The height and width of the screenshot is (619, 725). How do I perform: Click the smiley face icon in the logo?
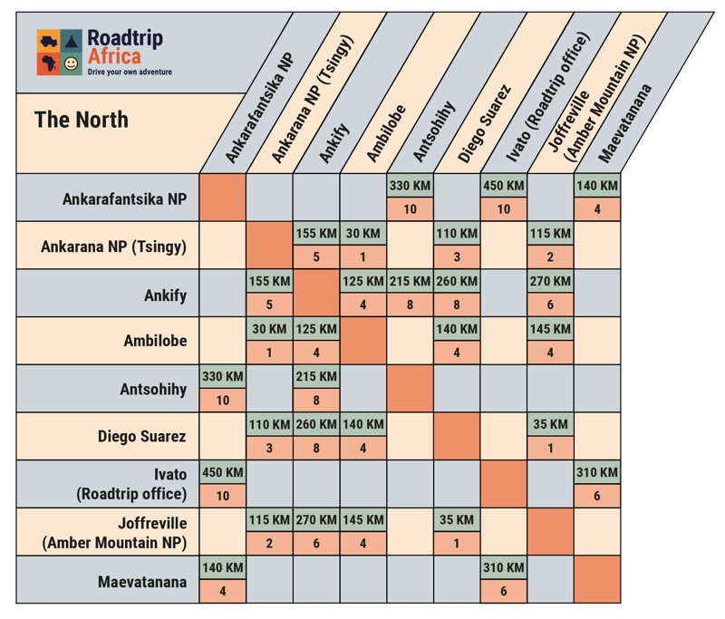71,63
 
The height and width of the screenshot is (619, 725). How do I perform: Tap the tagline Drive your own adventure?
129,72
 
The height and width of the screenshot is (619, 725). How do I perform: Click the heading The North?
82,120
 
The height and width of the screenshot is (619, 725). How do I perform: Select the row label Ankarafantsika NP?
124,198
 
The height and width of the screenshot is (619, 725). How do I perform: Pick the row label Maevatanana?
141,582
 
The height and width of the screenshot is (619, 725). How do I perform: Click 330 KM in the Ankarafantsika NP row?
411,186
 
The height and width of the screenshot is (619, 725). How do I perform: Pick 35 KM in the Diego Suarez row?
551,424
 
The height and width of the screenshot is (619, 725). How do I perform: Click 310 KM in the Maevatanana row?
504,568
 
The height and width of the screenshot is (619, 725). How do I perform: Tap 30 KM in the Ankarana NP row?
362,234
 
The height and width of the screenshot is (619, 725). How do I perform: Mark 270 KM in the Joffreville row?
316,520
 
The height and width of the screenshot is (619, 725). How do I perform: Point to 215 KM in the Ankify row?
411,282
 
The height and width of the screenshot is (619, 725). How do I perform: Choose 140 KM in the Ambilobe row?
457,329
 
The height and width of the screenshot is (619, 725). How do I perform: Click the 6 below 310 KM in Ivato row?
598,496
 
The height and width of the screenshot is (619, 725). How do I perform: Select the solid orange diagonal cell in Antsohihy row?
411,388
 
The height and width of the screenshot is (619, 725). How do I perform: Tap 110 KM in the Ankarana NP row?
457,234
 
